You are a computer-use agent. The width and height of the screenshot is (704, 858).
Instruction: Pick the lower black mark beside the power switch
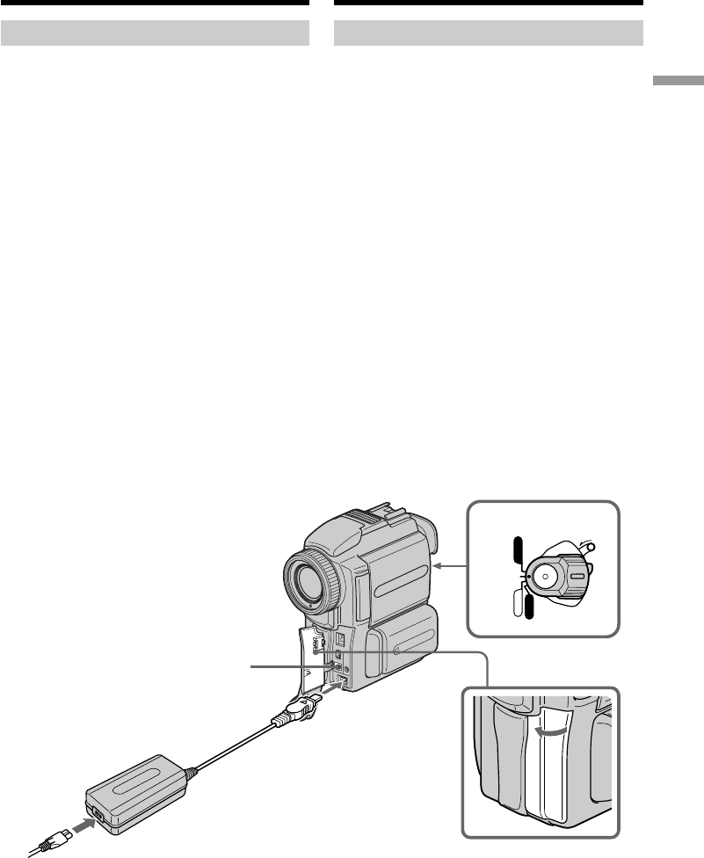[x=527, y=606]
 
